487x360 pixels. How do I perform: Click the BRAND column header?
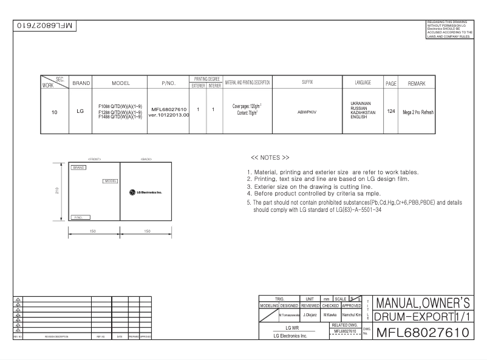80,83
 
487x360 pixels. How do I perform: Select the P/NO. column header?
168,83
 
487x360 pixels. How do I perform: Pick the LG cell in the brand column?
80,112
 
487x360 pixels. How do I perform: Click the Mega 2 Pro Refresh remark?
417,112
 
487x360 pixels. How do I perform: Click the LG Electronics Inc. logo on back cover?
145,192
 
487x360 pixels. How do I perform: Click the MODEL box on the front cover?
110,180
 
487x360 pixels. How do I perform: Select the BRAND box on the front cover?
79,167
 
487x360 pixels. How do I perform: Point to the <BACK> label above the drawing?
146,159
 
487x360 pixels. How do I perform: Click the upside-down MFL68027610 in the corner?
42,26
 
